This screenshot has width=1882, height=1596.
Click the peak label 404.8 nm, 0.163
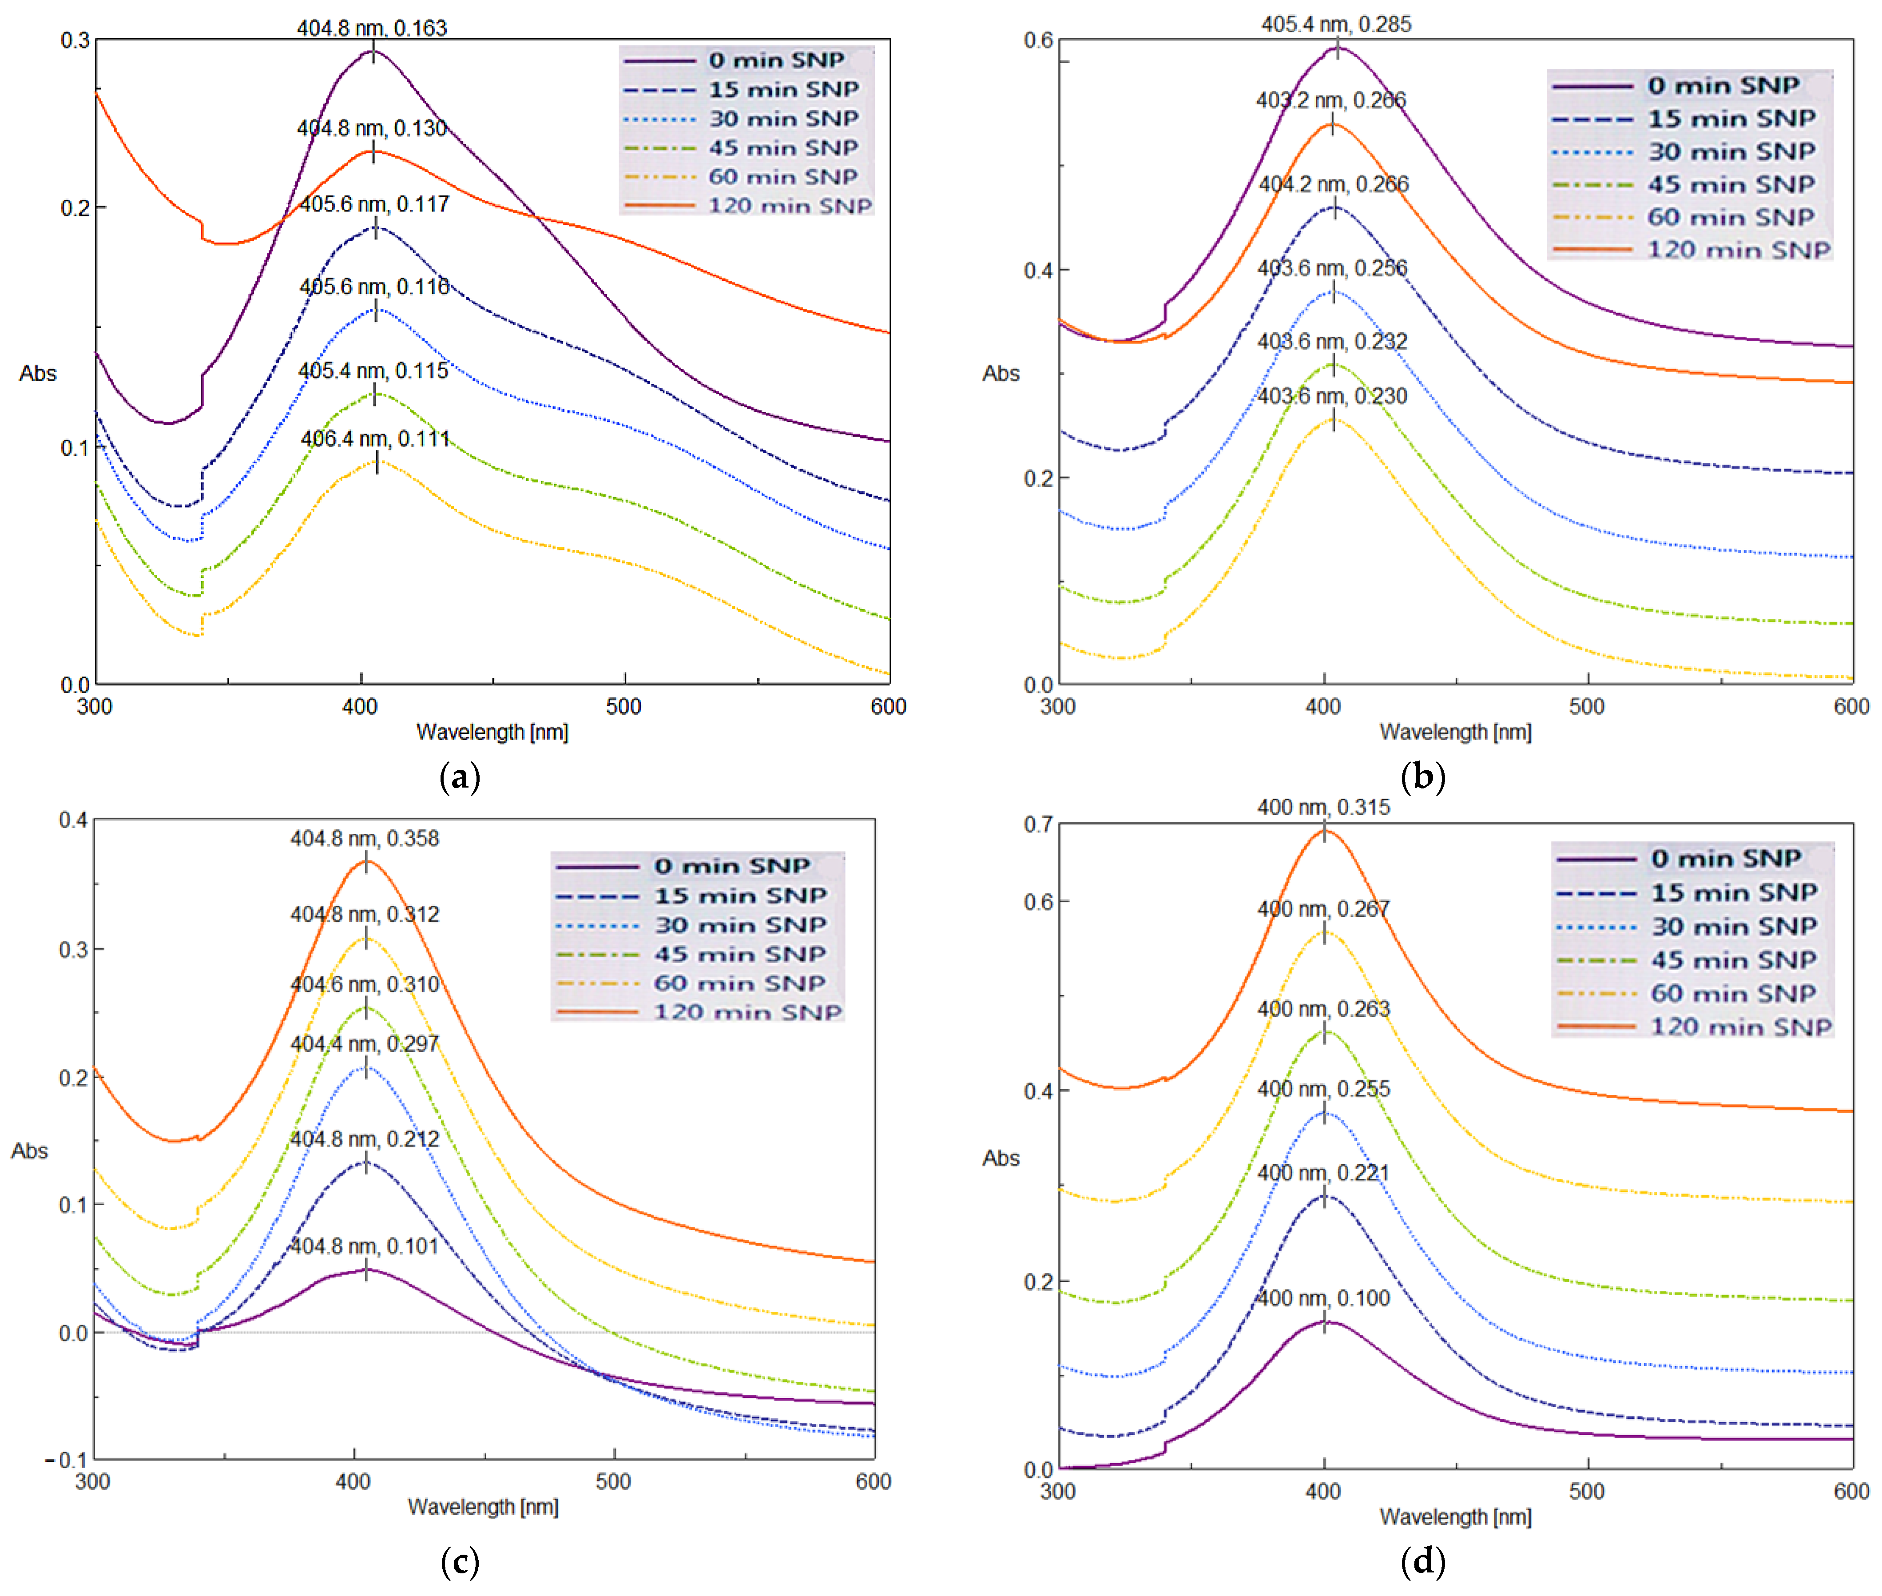372,28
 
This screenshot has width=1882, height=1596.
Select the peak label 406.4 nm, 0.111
375,439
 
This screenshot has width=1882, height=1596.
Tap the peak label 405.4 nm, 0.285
1336,24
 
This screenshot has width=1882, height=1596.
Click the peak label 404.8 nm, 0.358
365,839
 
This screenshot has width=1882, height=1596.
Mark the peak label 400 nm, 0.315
1323,807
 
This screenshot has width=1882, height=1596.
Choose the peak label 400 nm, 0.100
1323,1298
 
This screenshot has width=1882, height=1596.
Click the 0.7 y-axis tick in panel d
1037,824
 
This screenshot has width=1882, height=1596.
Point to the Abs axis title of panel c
30,1151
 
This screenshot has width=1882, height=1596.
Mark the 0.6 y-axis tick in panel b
1037,41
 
